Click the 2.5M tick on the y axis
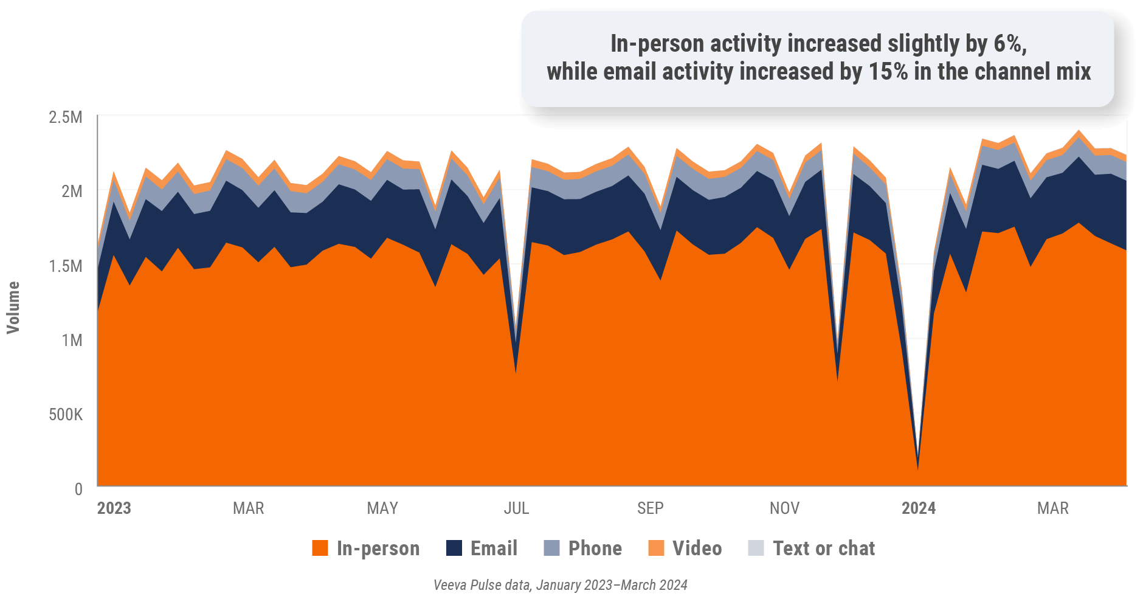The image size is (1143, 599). tap(65, 117)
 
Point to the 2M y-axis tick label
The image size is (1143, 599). tap(71, 191)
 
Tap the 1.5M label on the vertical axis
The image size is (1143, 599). tap(65, 266)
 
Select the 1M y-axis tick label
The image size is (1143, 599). tap(71, 340)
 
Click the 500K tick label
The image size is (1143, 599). tap(65, 415)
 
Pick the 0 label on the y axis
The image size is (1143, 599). tap(78, 489)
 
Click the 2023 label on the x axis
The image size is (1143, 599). tap(114, 508)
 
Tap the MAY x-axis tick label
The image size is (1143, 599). tap(382, 508)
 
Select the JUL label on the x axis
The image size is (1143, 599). tap(516, 508)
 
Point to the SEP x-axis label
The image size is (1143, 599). tap(650, 508)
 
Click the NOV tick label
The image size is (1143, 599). tap(784, 508)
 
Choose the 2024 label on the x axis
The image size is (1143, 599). tap(918, 508)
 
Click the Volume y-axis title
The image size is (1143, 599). tap(13, 307)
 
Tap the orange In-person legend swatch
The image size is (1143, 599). tap(320, 548)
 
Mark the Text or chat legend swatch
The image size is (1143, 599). tap(756, 548)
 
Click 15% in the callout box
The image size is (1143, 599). tap(888, 72)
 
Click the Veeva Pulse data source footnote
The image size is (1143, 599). tap(560, 585)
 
